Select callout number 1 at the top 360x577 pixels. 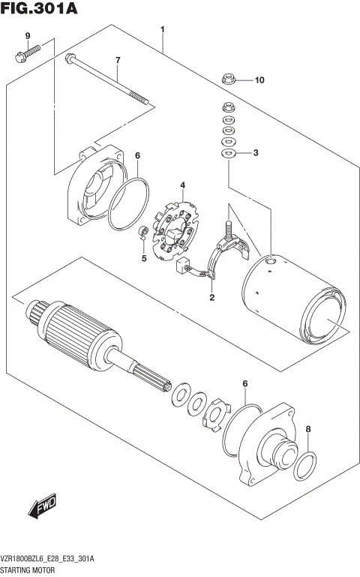(x=162, y=30)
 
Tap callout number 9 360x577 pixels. (x=27, y=37)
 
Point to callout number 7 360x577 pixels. (x=117, y=60)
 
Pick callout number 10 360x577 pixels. (x=259, y=80)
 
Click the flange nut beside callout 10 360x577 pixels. (x=228, y=78)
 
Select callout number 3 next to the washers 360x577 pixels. (x=255, y=153)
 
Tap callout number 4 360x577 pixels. (x=181, y=185)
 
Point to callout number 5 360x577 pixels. (x=144, y=260)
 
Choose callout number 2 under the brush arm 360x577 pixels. (x=211, y=298)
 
